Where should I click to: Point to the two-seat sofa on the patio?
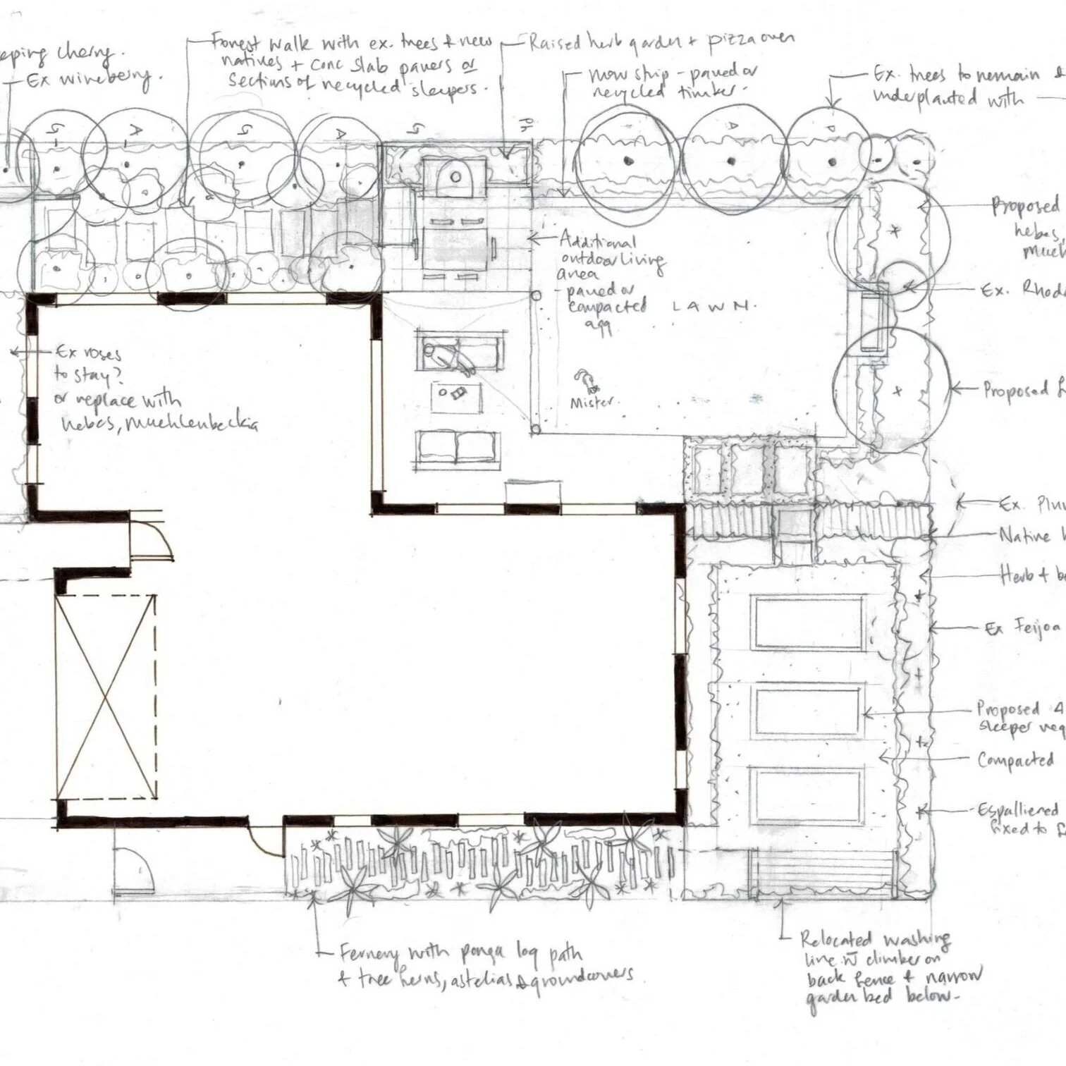pos(456,447)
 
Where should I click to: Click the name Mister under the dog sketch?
pos(592,403)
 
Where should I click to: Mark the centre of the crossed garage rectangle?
pos(106,697)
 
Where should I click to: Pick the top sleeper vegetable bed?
pos(808,623)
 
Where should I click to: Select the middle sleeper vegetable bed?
pos(808,712)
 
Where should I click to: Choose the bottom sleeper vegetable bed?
pos(808,796)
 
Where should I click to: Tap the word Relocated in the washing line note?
pos(835,939)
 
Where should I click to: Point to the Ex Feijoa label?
pos(1023,627)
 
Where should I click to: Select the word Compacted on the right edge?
pos(1015,760)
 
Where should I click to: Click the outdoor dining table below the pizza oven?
pos(454,245)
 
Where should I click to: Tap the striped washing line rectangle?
pos(821,873)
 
